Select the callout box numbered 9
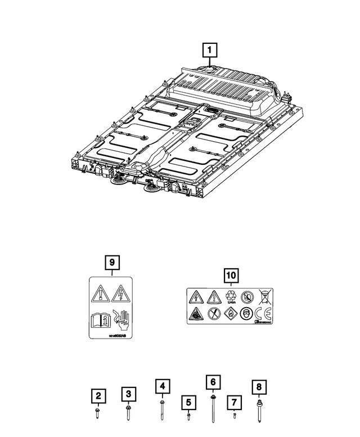[x=111, y=262]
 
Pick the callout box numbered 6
[x=213, y=382]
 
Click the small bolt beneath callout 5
[x=189, y=417]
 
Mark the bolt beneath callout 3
[x=129, y=410]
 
